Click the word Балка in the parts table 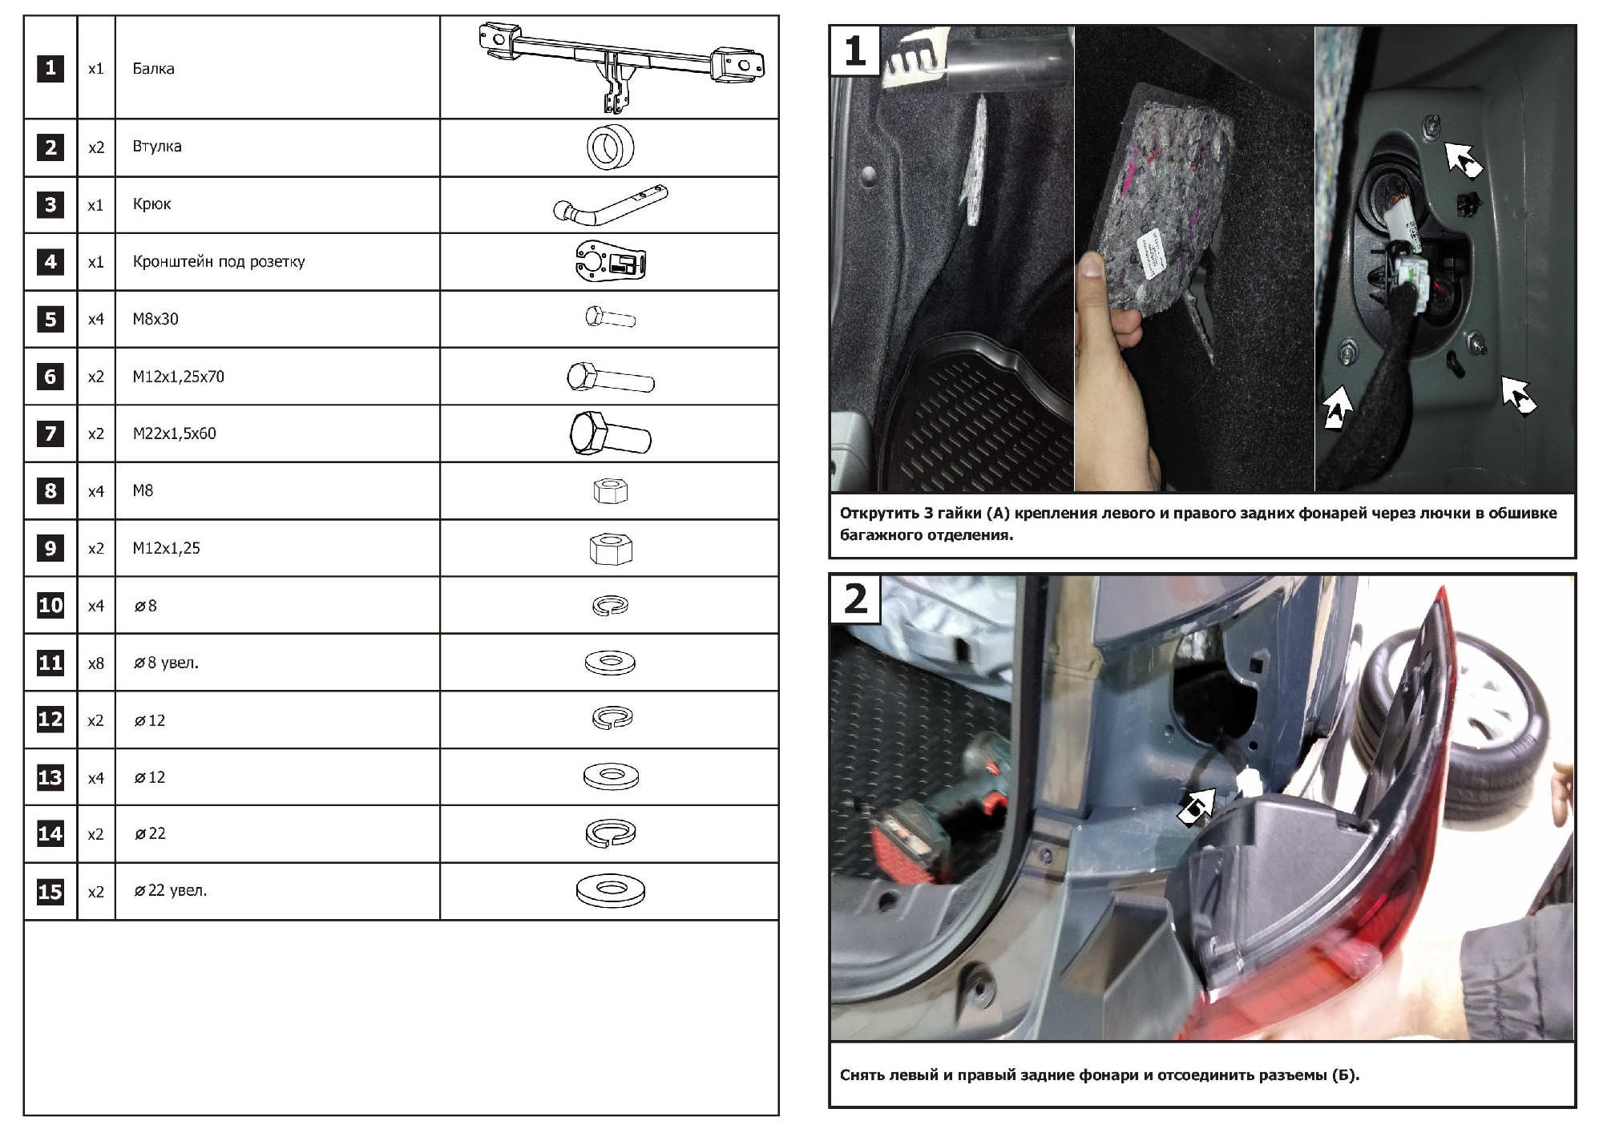pos(153,69)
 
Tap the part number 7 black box pos(50,433)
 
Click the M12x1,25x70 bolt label pos(179,377)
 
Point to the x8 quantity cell pos(96,663)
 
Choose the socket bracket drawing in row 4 pos(611,262)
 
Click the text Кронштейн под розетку pos(219,262)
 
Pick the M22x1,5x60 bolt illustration pos(611,434)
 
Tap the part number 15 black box pos(50,892)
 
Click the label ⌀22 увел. pos(171,891)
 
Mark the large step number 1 pos(855,50)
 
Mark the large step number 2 pos(855,599)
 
